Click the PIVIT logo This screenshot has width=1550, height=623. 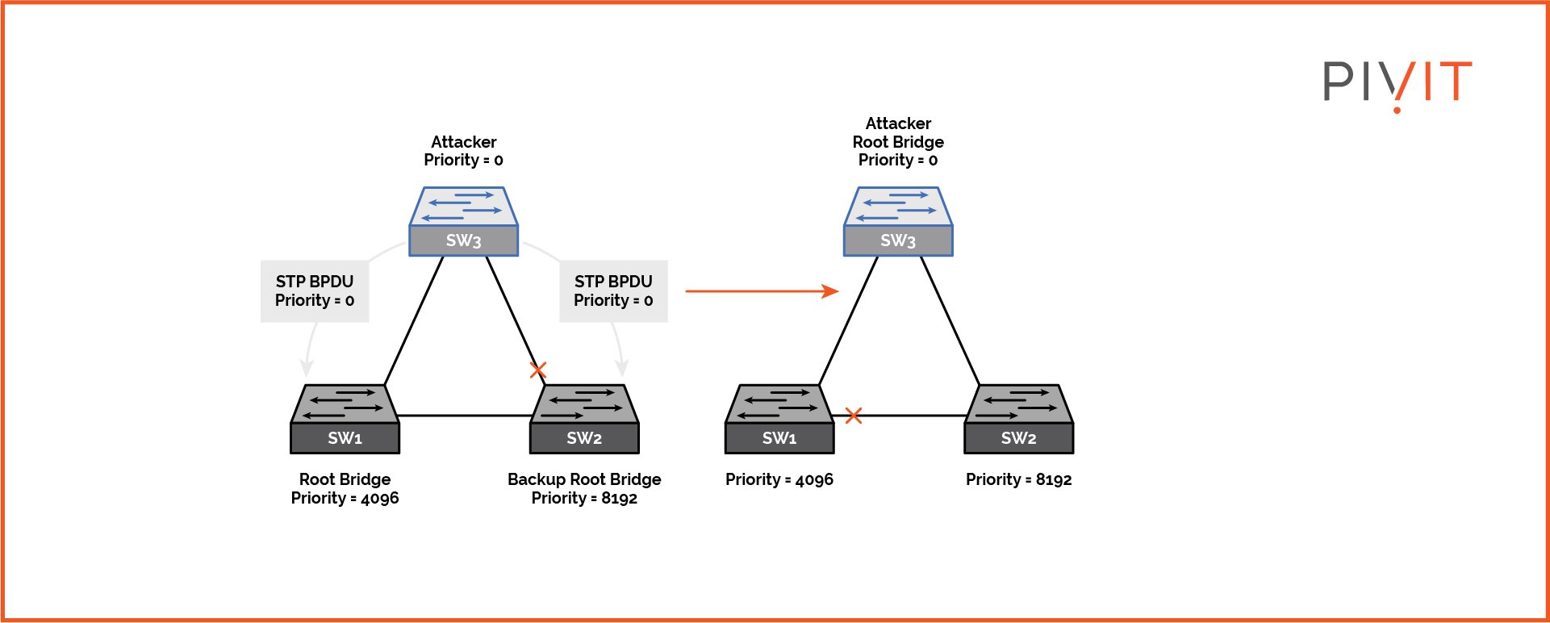click(x=1397, y=83)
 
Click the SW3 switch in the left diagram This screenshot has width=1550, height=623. click(x=463, y=222)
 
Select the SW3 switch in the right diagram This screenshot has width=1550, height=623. click(x=898, y=222)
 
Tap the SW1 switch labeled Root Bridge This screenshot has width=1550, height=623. click(x=345, y=419)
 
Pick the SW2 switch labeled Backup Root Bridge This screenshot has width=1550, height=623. click(x=584, y=419)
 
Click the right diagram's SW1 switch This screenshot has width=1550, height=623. click(x=779, y=419)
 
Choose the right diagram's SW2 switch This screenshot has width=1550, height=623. click(x=1018, y=419)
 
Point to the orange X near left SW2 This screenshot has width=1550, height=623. click(x=538, y=370)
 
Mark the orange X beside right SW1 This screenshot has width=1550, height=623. click(x=854, y=416)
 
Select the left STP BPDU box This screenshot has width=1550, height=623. click(x=315, y=291)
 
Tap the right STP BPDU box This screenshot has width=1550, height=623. click(x=613, y=291)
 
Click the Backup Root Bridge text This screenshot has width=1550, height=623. click(x=584, y=479)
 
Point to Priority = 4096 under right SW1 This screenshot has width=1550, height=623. click(x=779, y=479)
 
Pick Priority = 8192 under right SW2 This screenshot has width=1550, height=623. click(x=1018, y=479)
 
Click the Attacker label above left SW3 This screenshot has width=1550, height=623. click(x=463, y=142)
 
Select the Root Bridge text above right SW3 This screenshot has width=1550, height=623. click(x=898, y=142)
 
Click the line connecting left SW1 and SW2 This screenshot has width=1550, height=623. click(x=464, y=416)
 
